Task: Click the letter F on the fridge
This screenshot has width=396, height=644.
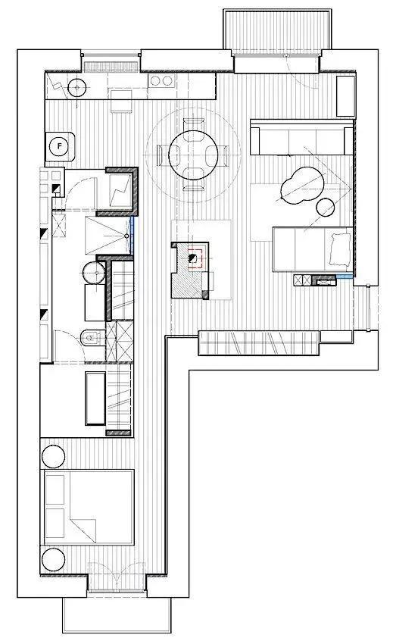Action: (x=60, y=146)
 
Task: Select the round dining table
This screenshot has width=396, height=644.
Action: (x=193, y=155)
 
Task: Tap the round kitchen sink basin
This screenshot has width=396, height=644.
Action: (x=76, y=87)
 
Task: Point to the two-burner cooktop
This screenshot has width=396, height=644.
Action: (x=161, y=80)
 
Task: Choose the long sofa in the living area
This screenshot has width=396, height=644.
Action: (x=301, y=138)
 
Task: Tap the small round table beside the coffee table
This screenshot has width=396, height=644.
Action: (x=326, y=207)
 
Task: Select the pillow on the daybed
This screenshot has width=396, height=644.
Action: (x=340, y=249)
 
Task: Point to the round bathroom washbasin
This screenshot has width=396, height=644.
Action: (x=95, y=272)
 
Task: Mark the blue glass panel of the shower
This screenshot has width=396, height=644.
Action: (x=132, y=236)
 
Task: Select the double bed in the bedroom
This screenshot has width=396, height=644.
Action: (x=88, y=508)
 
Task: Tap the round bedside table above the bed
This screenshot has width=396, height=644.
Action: (x=53, y=456)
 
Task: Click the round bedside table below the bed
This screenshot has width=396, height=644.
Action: (x=53, y=559)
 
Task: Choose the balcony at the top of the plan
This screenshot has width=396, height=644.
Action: (x=277, y=30)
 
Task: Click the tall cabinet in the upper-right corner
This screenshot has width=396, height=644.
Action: (x=345, y=96)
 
